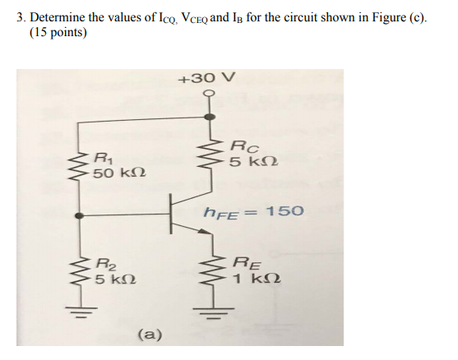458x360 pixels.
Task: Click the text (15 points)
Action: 58,33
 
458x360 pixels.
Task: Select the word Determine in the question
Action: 58,16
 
